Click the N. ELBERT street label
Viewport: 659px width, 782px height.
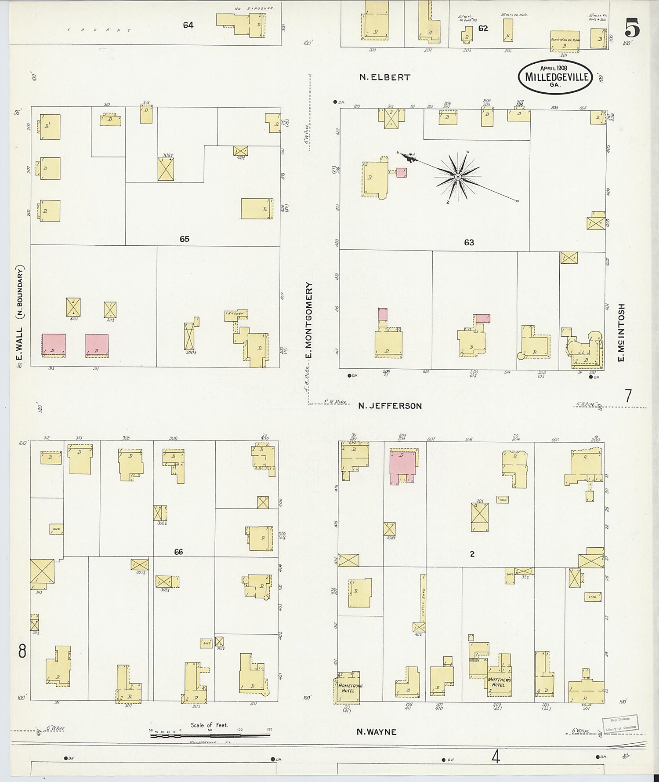click(x=384, y=77)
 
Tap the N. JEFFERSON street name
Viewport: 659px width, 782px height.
click(x=390, y=406)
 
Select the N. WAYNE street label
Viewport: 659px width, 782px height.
click(x=376, y=732)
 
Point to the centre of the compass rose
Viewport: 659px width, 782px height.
click(x=458, y=176)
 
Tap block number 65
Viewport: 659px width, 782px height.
click(x=184, y=239)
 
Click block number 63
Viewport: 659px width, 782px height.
click(x=469, y=242)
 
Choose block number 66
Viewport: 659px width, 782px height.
click(x=178, y=552)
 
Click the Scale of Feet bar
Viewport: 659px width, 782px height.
click(x=210, y=735)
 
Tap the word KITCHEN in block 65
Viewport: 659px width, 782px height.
click(x=235, y=313)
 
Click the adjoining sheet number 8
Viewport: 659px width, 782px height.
click(x=22, y=651)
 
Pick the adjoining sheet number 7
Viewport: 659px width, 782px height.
click(x=628, y=396)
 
